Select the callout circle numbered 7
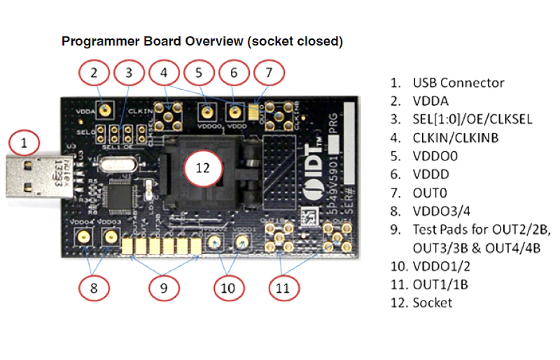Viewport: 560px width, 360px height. tap(269, 73)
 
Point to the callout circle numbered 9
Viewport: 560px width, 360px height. tap(164, 288)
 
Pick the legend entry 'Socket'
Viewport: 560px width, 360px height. tap(432, 302)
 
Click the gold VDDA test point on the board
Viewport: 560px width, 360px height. tap(106, 109)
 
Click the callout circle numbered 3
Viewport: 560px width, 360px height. tap(129, 73)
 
